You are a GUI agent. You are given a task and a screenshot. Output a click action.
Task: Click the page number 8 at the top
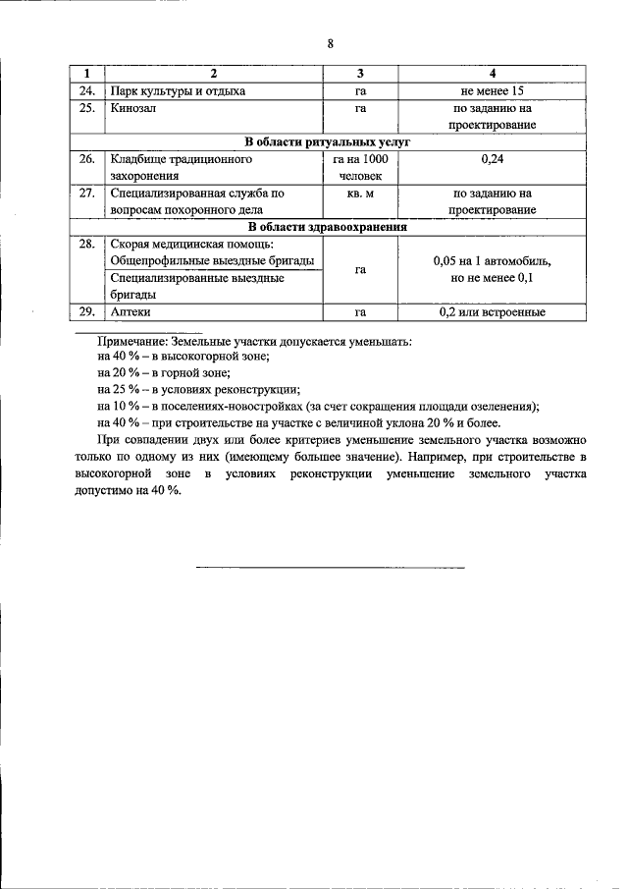click(331, 44)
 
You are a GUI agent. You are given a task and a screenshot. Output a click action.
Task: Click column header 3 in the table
click(360, 74)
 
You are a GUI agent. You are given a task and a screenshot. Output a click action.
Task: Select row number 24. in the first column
click(86, 91)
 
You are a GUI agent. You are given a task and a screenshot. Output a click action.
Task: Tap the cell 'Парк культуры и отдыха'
click(178, 91)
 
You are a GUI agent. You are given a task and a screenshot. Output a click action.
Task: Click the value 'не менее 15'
click(493, 91)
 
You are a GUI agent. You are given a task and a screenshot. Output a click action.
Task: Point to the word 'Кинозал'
click(133, 109)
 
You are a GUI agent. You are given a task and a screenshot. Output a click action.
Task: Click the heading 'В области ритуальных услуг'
click(327, 142)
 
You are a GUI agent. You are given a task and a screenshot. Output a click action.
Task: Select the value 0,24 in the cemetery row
click(493, 158)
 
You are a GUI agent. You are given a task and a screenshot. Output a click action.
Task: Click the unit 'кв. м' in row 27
click(360, 194)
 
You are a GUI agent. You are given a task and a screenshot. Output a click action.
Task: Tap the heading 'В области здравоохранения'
click(327, 227)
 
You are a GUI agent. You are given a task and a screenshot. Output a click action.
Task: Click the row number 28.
click(86, 244)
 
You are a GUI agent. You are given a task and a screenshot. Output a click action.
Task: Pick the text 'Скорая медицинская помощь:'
click(191, 244)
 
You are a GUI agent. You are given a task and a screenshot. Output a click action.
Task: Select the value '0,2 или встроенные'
click(493, 312)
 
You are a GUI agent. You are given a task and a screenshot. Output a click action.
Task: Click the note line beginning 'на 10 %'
click(319, 406)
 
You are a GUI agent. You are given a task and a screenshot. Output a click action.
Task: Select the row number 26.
click(86, 158)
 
